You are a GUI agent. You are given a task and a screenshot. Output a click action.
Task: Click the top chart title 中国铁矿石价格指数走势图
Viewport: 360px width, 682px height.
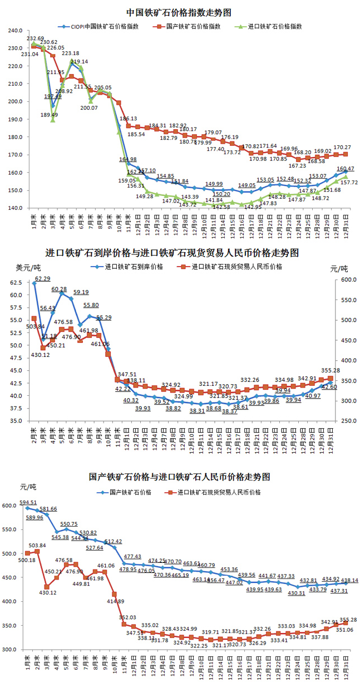tap(179, 12)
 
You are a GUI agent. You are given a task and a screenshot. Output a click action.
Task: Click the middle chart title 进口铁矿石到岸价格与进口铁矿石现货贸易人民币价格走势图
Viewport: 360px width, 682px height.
tap(179, 253)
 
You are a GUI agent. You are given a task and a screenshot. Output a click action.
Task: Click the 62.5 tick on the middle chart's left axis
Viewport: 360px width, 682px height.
tap(16, 283)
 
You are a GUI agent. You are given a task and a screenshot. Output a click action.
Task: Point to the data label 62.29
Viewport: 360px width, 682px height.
tap(43, 278)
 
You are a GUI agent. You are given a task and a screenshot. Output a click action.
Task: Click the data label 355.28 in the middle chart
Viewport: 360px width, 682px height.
tap(332, 370)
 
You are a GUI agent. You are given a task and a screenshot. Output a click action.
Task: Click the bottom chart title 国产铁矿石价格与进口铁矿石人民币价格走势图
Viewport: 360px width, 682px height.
tap(179, 477)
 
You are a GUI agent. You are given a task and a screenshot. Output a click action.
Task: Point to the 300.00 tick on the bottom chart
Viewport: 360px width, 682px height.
tap(10, 649)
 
